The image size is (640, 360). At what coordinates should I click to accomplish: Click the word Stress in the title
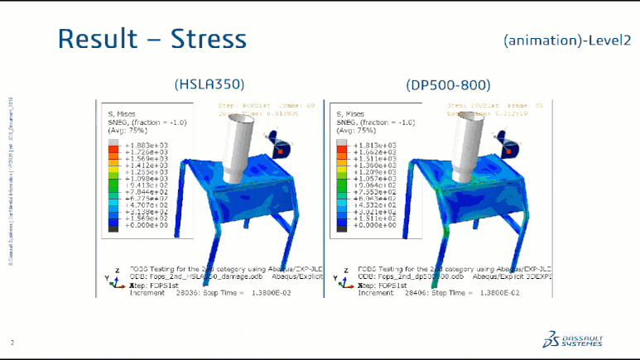click(x=209, y=39)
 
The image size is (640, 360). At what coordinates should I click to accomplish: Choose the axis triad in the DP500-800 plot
click(x=339, y=279)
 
